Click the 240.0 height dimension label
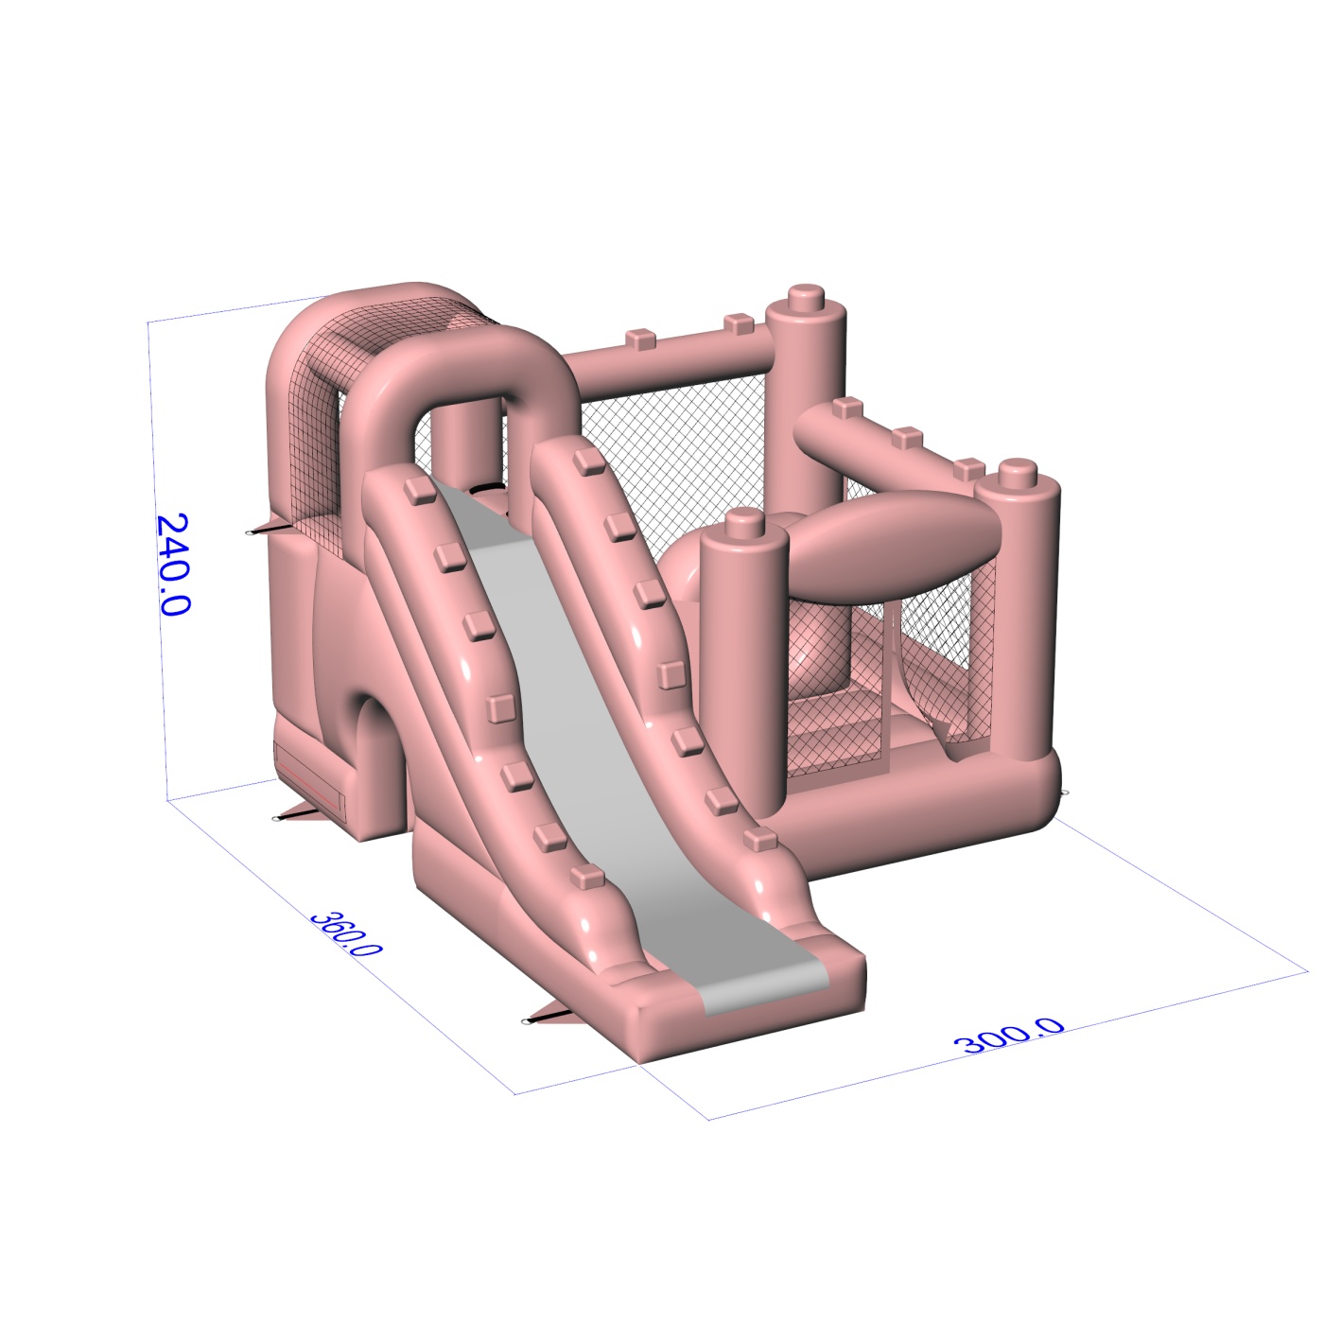pyautogui.click(x=173, y=564)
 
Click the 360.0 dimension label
pyautogui.click(x=345, y=933)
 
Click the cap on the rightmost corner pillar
pyautogui.click(x=1018, y=474)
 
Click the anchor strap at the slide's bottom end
pyautogui.click(x=547, y=1017)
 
